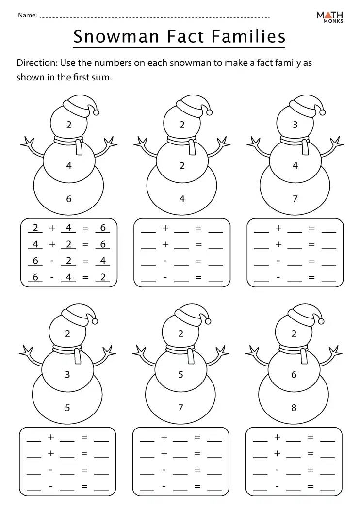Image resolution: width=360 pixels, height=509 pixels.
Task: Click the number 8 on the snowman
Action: click(x=294, y=408)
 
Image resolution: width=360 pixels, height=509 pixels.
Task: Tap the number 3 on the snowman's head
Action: click(x=295, y=125)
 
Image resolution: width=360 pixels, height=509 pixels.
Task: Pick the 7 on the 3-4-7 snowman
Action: click(x=295, y=199)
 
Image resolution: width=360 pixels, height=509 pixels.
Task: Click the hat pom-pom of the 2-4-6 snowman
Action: click(x=96, y=112)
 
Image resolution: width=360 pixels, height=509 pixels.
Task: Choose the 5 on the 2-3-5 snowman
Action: click(x=67, y=408)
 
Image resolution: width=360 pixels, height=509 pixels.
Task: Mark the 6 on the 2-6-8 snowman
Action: click(x=294, y=374)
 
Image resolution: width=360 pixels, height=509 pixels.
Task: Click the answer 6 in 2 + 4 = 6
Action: click(x=102, y=228)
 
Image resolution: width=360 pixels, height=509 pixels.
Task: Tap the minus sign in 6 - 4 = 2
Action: click(x=52, y=277)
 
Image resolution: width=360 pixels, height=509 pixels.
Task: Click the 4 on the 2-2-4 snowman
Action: click(x=182, y=199)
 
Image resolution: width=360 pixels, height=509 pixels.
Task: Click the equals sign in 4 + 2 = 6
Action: click(x=85, y=244)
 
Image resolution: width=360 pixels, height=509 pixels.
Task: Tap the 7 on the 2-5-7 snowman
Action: click(x=180, y=408)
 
